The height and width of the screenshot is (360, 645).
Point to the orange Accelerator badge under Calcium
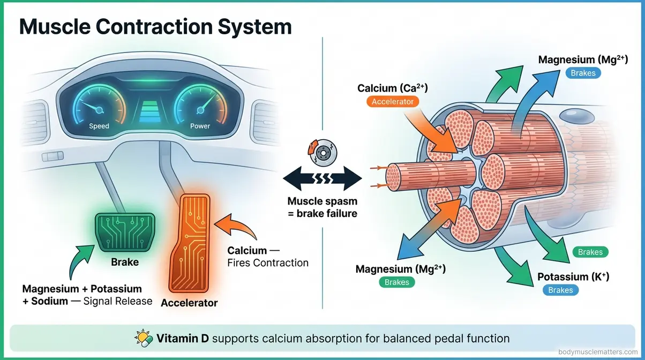tap(393, 101)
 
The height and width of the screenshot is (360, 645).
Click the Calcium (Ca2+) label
tap(393, 87)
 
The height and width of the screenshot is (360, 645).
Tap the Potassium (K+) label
tap(573, 277)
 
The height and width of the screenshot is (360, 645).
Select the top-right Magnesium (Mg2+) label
tap(583, 59)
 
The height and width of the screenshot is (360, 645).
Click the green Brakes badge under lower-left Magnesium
tap(397, 282)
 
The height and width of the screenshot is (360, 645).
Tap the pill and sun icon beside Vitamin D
tap(144, 338)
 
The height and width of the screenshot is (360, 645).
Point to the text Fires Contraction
tap(267, 263)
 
